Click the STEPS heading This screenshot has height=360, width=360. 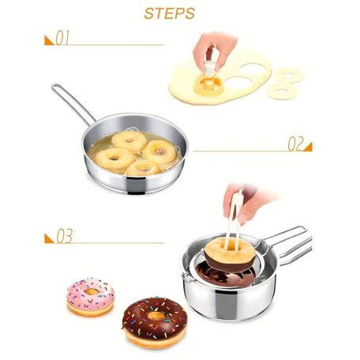pos(169,13)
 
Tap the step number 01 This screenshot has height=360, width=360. pos(62,38)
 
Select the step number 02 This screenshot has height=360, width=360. pos(296,144)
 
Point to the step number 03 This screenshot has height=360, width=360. pos(65,236)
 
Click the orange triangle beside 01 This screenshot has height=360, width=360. pos(48,41)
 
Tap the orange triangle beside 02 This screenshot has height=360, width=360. pos(309,147)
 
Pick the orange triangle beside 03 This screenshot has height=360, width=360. pos(48,238)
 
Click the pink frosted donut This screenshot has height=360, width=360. pos(90,297)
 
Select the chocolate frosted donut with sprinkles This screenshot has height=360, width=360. pos(155,322)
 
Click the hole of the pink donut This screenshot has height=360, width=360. pos(92,291)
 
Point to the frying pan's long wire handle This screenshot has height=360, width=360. pos(73,104)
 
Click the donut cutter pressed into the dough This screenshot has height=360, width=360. pos(207,79)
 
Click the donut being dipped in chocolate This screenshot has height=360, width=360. pos(229,254)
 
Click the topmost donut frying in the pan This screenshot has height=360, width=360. pos(129,141)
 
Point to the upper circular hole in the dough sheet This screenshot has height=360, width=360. pos(253,69)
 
